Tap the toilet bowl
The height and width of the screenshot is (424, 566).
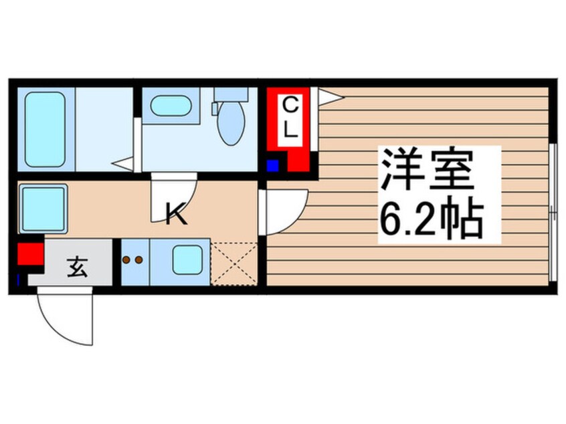pyautogui.click(x=231, y=122)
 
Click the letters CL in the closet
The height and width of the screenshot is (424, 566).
pyautogui.click(x=290, y=118)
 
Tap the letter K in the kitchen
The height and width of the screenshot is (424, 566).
pyautogui.click(x=176, y=214)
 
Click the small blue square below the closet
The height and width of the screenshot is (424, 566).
pyautogui.click(x=272, y=166)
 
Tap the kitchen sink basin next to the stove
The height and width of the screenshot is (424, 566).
pyautogui.click(x=188, y=259)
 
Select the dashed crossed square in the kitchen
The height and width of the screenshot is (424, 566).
pyautogui.click(x=234, y=263)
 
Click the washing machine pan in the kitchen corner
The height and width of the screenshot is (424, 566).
pyautogui.click(x=43, y=208)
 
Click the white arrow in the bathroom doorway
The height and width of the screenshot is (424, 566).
pyautogui.click(x=123, y=162)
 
